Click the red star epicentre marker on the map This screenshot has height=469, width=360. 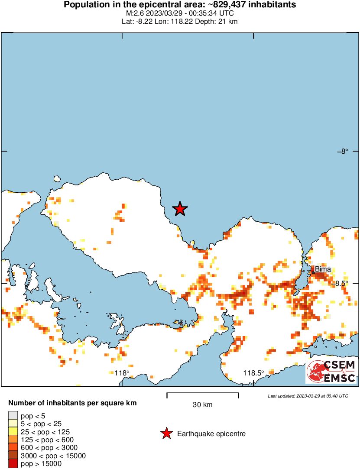(180, 209)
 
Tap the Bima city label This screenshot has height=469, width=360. (323, 269)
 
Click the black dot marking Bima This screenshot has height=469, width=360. (313, 272)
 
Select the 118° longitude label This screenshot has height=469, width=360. (122, 373)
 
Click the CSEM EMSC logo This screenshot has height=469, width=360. (331, 372)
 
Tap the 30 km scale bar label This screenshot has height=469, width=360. (202, 405)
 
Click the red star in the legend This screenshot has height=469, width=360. (166, 433)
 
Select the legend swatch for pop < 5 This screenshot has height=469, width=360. (13, 417)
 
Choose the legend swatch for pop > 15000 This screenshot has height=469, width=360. (13, 463)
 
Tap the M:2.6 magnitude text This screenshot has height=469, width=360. (134, 13)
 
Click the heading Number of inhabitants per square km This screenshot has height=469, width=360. (72, 403)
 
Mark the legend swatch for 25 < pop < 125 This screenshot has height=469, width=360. (13, 432)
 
